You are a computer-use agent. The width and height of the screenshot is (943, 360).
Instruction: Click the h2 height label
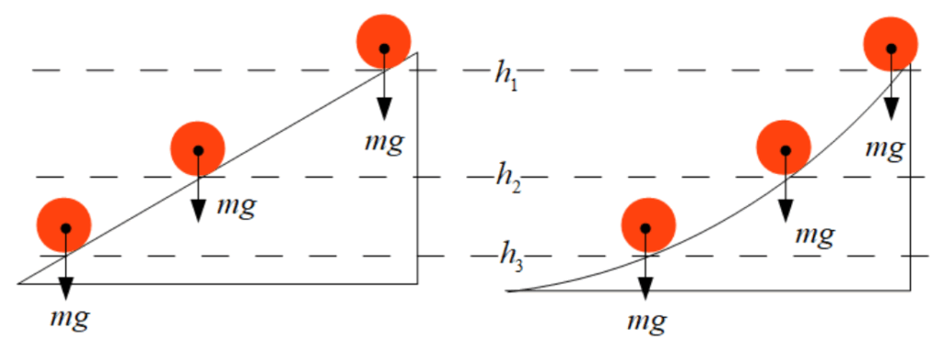(508, 178)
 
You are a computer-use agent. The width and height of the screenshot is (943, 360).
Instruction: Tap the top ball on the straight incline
(384, 41)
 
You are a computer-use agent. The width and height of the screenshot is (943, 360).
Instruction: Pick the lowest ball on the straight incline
(64, 226)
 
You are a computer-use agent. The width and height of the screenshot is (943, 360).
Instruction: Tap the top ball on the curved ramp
(891, 44)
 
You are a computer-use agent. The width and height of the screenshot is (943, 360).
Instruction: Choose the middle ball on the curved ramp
(784, 147)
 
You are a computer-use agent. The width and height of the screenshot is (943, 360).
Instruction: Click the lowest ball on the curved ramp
(648, 226)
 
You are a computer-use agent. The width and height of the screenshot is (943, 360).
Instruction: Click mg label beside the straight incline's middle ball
(237, 207)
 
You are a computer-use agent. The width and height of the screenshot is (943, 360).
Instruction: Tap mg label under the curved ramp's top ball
(885, 147)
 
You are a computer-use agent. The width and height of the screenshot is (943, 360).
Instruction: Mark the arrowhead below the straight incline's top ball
(384, 110)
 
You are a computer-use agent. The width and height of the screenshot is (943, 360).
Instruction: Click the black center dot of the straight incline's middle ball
(198, 150)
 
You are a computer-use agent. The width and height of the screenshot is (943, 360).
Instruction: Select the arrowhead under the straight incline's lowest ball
(65, 287)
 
